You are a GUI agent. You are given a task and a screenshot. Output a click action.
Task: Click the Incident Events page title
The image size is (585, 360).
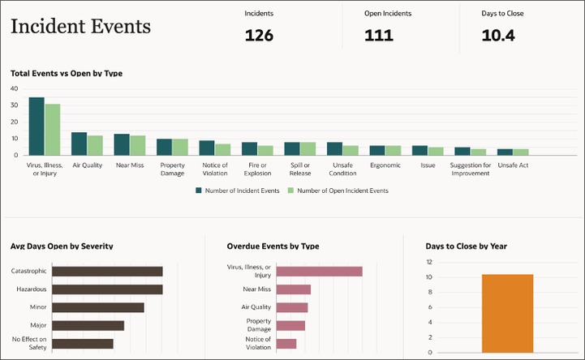tap(80, 27)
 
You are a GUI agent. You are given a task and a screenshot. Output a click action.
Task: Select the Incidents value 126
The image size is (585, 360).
tap(259, 35)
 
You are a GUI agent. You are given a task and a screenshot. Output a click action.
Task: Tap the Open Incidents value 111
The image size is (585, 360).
tap(378, 35)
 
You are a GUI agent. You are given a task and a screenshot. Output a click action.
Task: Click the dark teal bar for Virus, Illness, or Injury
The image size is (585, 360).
tap(37, 126)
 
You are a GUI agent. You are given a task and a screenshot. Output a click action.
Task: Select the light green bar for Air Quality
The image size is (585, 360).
tap(95, 145)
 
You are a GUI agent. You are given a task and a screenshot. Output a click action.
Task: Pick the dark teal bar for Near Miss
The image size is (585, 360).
tap(122, 144)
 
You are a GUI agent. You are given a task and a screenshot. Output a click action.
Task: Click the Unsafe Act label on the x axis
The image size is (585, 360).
tap(512, 165)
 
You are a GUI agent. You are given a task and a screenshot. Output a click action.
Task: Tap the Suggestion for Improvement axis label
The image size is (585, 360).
tap(470, 169)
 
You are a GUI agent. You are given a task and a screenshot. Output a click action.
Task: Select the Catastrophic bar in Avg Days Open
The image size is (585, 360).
tap(107, 271)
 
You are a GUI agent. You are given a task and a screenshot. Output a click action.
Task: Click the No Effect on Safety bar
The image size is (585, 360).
tap(83, 343)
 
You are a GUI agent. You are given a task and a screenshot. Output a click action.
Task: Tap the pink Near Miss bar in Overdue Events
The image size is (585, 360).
tap(294, 289)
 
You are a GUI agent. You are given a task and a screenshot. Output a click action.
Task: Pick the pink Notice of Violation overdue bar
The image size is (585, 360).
tap(286, 343)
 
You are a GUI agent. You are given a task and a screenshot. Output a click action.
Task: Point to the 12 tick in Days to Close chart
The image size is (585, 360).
tap(429, 261)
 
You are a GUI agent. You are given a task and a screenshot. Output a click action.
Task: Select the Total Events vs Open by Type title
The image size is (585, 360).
tap(67, 73)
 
